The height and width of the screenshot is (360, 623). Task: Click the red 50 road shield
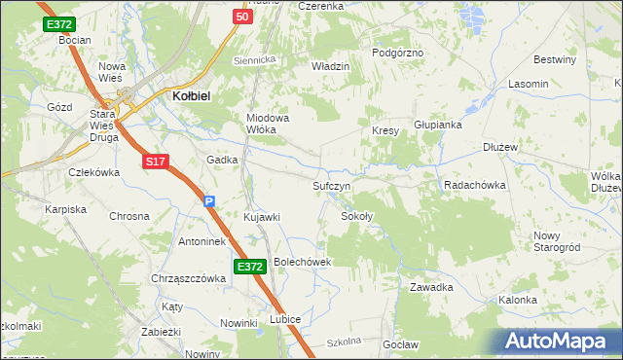(243, 17)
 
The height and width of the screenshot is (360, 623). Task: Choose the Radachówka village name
(476, 184)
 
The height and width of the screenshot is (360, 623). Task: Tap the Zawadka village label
(432, 287)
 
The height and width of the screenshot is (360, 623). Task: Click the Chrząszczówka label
(188, 277)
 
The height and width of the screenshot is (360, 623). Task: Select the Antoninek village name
(202, 240)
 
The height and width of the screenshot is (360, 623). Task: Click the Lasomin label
(528, 85)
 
